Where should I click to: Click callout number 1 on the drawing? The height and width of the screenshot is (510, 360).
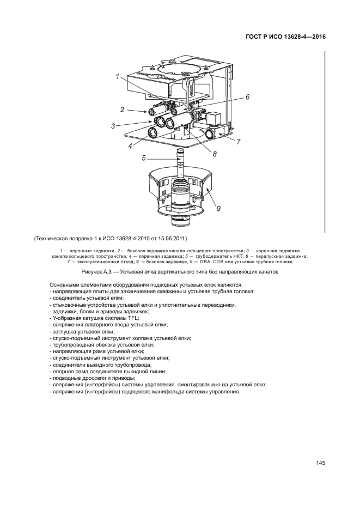point(118,77)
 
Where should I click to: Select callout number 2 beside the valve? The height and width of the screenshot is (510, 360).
point(123,110)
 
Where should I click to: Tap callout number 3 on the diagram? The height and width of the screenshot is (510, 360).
point(113,126)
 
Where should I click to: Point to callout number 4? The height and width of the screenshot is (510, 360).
point(130,146)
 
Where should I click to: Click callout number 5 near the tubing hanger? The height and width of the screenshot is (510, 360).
point(143,159)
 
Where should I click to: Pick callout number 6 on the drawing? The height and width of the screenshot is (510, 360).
point(247,96)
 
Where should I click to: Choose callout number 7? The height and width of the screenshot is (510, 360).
point(239,142)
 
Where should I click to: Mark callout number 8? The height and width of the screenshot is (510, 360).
point(215,154)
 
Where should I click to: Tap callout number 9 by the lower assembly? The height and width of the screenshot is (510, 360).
point(218,208)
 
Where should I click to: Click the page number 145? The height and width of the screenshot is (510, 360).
point(321,464)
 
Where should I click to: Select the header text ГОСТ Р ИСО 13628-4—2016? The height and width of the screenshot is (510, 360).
point(285,37)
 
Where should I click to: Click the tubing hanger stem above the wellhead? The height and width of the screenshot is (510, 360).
point(180,162)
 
